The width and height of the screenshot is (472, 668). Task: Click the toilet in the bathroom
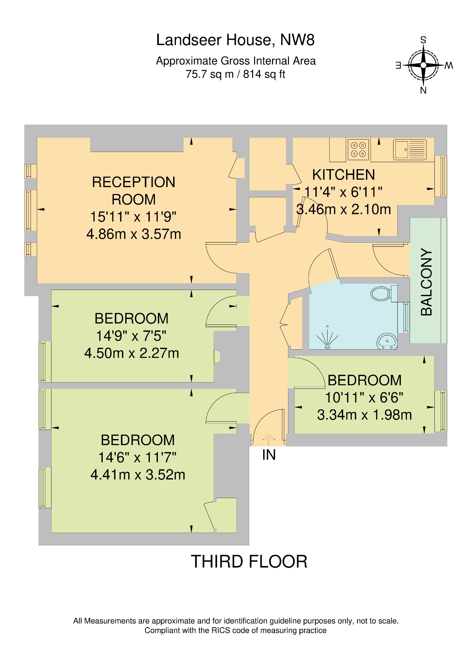382,294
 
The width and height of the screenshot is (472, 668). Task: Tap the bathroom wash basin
387,342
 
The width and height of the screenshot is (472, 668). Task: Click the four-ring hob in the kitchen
358,149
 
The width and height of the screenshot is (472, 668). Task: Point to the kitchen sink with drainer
410,149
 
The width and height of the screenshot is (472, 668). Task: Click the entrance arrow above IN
268,439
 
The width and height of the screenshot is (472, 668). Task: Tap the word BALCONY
426,282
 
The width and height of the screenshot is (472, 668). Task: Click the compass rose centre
423,65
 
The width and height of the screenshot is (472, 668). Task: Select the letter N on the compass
423,91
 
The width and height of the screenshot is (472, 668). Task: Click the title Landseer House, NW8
235,40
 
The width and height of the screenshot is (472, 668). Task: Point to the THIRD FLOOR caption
249,562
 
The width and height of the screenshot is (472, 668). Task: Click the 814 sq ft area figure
264,74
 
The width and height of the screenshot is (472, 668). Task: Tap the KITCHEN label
343,175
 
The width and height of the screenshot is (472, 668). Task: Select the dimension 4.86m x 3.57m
134,234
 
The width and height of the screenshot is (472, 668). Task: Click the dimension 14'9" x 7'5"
131,336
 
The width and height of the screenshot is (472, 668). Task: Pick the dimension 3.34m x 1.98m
364,415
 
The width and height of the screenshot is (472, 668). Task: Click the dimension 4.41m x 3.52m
138,475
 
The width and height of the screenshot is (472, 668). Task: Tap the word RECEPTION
134,182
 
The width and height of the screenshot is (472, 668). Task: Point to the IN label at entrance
269,455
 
